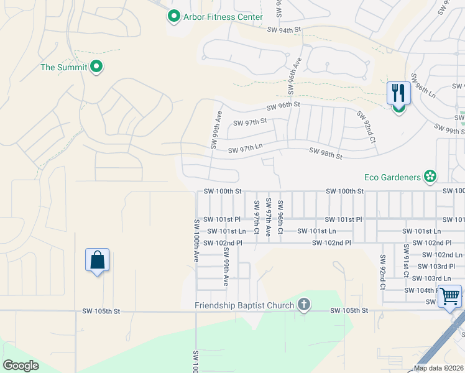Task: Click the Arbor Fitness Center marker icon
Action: [174, 17]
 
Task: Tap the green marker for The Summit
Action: [96, 67]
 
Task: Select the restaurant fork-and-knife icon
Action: [398, 93]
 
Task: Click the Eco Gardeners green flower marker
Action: [430, 177]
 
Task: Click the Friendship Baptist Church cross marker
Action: [303, 305]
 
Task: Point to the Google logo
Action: [21, 366]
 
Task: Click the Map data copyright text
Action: [439, 368]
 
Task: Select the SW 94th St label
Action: [283, 29]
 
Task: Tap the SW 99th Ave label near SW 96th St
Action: [216, 129]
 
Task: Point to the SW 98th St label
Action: [325, 153]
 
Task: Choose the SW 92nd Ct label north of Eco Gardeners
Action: [367, 127]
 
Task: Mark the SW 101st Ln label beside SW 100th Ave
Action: [223, 231]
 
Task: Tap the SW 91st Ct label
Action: [406, 261]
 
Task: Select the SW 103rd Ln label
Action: [431, 278]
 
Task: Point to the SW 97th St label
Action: [250, 122]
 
